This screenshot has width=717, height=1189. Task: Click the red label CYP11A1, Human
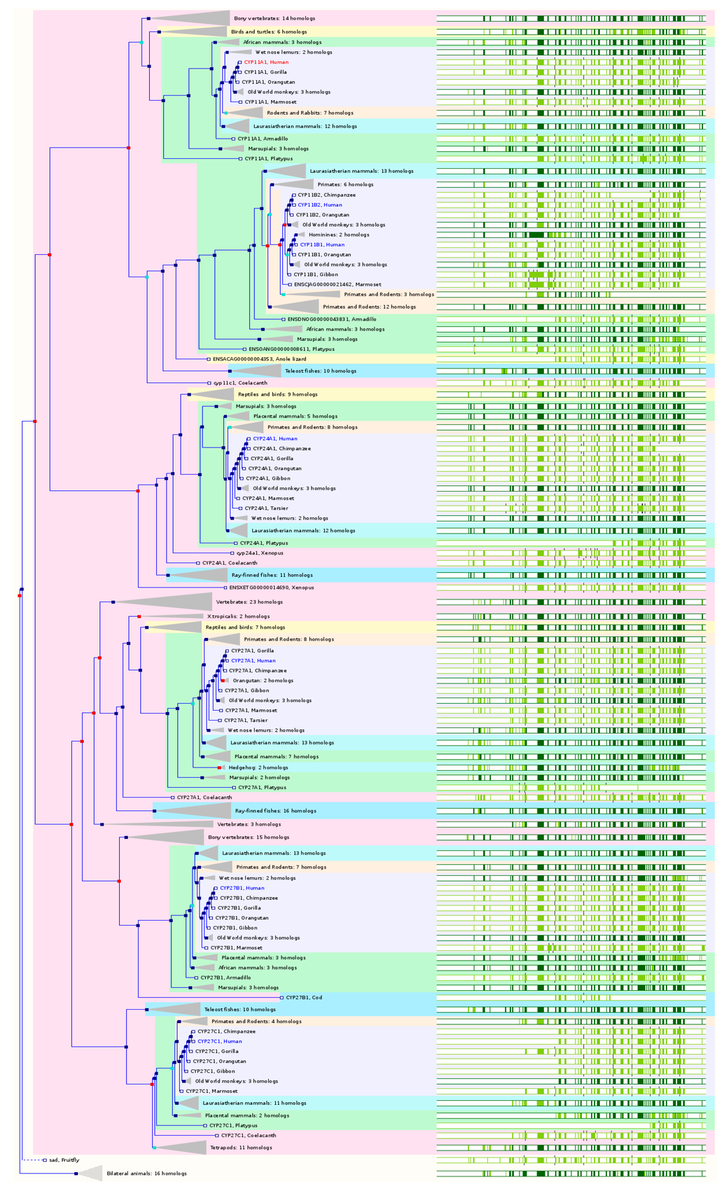[x=265, y=62]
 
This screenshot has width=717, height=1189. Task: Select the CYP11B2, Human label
[x=319, y=205]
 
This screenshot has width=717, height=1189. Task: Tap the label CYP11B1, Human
[x=322, y=245]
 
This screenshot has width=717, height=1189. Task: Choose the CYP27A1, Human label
[x=253, y=661]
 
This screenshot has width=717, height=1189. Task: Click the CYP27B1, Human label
[x=242, y=889]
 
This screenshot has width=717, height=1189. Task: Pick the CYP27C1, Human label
[x=219, y=1042]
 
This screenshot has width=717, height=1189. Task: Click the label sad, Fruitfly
[x=64, y=1160]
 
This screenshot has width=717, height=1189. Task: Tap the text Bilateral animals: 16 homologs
[x=146, y=1174]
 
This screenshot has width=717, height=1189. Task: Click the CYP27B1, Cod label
[x=303, y=998]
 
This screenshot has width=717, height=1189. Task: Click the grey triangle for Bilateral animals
[x=92, y=1174]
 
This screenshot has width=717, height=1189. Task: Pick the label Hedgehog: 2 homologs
[x=258, y=768]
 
